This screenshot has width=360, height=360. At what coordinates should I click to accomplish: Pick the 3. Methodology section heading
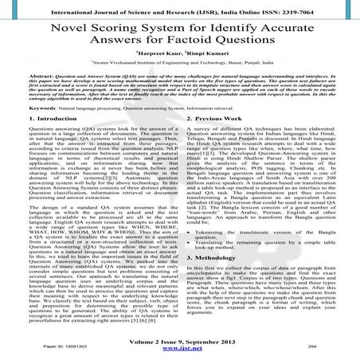point(218,259)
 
